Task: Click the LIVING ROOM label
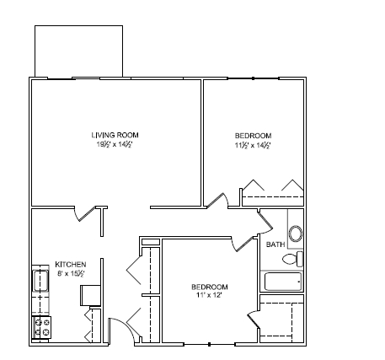115,135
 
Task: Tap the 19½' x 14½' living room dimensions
115,144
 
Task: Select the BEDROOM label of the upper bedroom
253,136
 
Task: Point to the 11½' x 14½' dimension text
253,145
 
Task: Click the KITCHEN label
69,263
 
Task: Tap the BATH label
275,244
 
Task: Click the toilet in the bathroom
293,259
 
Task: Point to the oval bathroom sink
296,234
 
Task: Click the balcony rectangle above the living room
78,51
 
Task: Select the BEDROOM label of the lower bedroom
211,287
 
